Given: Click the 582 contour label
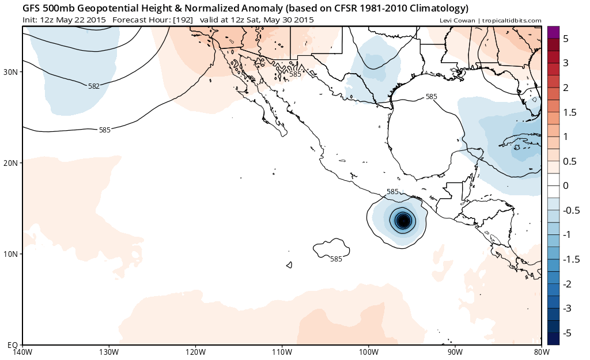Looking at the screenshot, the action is (94, 86).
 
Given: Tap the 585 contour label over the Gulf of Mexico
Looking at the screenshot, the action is (431, 97).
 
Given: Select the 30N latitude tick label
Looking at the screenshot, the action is (12, 72).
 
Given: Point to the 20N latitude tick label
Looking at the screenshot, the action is (12, 163).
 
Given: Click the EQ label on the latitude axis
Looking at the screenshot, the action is (13, 344).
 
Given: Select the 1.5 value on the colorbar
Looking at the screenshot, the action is (569, 112).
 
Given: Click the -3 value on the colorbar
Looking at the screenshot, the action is (567, 309).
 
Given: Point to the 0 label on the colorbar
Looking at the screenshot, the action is (566, 186).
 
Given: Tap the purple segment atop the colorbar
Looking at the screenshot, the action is (553, 33).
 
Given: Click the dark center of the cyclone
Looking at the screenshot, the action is (403, 220).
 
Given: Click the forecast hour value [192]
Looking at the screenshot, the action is (183, 20).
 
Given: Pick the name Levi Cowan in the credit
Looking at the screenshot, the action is (457, 21).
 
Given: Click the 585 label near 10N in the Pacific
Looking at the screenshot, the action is (336, 259).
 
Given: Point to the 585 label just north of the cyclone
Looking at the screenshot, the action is (392, 191).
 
